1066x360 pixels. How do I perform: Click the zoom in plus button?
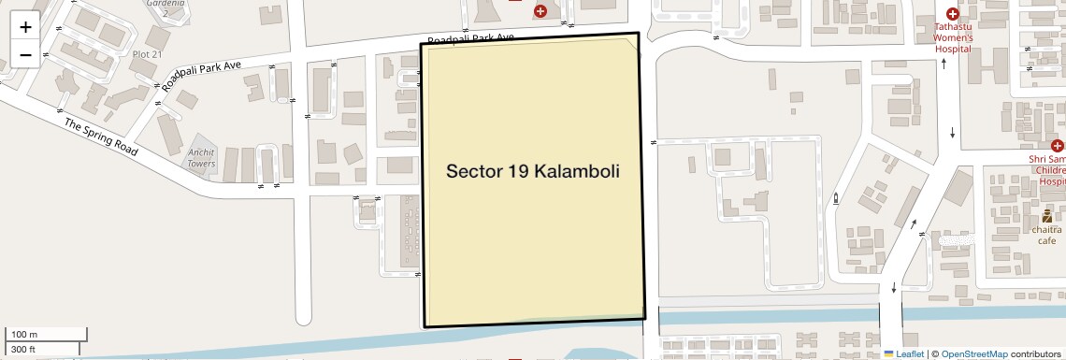click(25, 26)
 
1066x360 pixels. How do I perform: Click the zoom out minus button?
click(25, 54)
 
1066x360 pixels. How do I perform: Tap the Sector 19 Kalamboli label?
click(533, 171)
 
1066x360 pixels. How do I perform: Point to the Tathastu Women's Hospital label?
click(954, 38)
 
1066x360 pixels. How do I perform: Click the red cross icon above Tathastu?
click(952, 14)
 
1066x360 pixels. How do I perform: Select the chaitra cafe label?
click(1046, 235)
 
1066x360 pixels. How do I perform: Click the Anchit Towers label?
click(201, 158)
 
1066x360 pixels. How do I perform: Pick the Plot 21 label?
click(147, 54)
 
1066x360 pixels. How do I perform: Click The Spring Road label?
click(101, 137)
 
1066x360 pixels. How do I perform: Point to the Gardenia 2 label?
click(165, 7)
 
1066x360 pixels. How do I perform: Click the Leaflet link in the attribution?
click(903, 353)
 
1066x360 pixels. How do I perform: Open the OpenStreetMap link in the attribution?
click(973, 353)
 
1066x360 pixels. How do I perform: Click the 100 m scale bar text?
click(23, 334)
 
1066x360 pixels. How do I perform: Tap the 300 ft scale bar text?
click(23, 350)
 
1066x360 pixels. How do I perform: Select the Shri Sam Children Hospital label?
click(1047, 171)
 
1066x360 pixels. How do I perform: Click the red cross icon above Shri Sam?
click(1058, 146)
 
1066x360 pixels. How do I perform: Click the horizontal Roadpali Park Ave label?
click(471, 38)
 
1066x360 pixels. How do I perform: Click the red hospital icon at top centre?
click(540, 10)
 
